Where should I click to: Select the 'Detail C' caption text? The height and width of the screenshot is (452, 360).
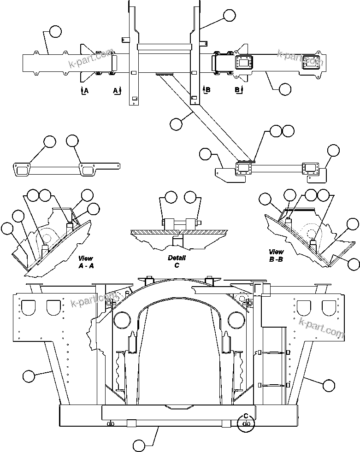pos(176,262)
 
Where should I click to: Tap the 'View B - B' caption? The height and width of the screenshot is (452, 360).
pos(277,255)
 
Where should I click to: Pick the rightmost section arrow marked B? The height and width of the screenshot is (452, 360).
pos(239,90)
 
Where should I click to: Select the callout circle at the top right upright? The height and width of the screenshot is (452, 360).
pos(229,16)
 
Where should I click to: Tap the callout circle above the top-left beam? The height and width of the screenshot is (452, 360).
pos(55,31)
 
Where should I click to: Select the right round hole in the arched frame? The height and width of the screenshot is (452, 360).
pos(235,318)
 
